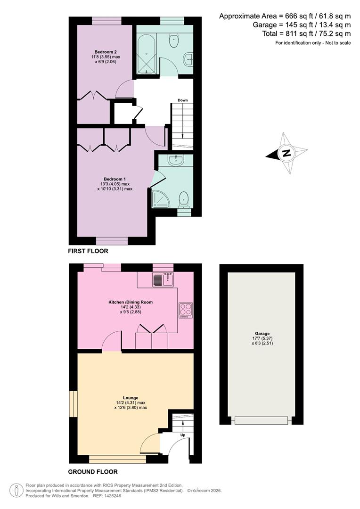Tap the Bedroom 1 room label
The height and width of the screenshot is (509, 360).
coord(115,179)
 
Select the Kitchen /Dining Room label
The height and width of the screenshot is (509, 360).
coord(130,302)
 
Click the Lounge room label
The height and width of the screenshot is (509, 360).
coord(131,398)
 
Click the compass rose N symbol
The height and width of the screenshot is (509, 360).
coord(286,153)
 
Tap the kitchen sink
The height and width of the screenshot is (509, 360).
coord(163,280)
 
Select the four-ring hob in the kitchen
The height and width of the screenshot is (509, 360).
coord(186,311)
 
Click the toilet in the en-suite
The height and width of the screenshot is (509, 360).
coord(184,199)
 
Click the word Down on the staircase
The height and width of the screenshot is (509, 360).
coord(183,100)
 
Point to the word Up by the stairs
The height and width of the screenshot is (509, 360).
coord(183,435)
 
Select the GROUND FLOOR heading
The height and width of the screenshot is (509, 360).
coord(93,472)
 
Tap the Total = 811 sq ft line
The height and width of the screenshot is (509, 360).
coord(306,33)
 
